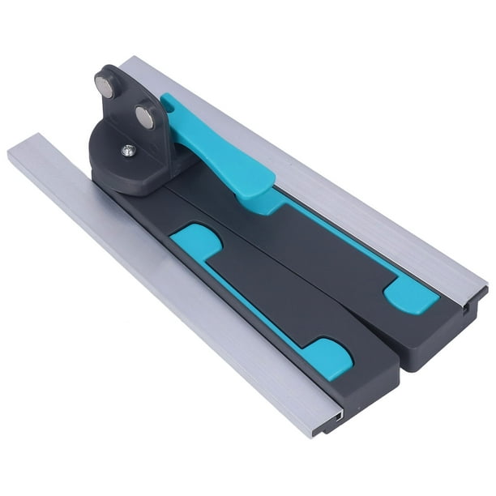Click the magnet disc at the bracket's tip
(x=105, y=84)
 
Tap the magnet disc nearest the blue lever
(x=143, y=118)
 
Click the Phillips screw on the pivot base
(x=127, y=150)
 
